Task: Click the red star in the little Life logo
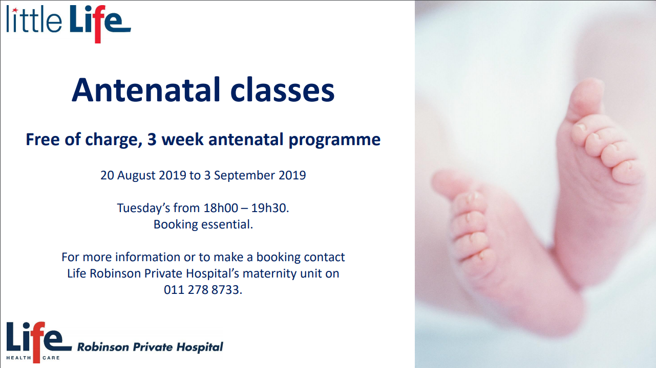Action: coord(15,10)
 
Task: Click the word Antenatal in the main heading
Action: coord(146,89)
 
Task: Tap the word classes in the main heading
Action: coord(282,89)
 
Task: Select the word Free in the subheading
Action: coord(43,139)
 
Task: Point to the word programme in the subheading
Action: coord(334,140)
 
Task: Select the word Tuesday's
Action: coord(143,209)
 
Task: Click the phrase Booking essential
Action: coord(203,224)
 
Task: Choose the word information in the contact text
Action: coord(147,257)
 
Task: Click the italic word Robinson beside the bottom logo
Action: coord(103,347)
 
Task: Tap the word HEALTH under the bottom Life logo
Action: coord(18,358)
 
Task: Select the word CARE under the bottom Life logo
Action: coord(51,358)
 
